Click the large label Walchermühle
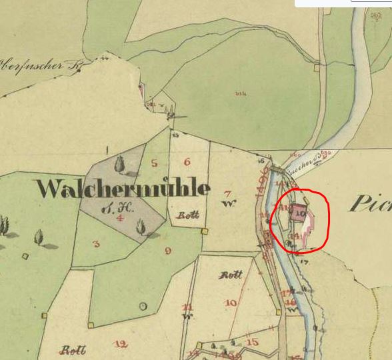pos(123,189)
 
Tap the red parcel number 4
pos(120,217)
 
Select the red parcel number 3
pos(96,244)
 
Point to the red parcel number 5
pos(155,163)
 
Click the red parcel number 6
pos(187,161)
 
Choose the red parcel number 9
pos(167,251)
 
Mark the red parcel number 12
pos(121,344)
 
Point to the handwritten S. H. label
pos(123,207)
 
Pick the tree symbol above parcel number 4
pos(121,163)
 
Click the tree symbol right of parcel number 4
pos(141,227)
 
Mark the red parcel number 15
pos(252,343)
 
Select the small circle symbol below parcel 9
pos(143,306)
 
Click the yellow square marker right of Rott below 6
pos(205,231)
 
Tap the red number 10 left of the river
pos(231,303)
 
